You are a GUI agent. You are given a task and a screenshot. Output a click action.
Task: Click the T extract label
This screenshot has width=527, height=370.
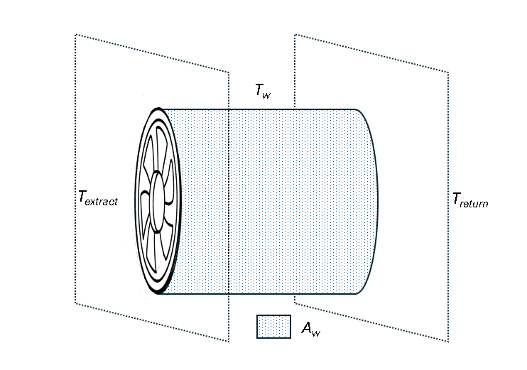click(97, 200)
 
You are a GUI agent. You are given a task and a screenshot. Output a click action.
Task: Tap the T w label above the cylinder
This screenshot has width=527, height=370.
click(263, 91)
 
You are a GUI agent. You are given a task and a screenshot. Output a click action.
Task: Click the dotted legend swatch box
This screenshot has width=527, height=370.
click(273, 327)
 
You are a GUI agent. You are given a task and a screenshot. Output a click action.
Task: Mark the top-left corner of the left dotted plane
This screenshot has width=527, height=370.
click(76, 34)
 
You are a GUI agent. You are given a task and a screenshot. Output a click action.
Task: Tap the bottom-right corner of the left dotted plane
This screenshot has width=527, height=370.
click(229, 342)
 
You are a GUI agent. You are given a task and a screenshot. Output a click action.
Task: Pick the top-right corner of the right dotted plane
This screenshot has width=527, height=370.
click(449, 72)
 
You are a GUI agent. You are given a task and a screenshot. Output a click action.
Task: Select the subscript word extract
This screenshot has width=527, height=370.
click(102, 202)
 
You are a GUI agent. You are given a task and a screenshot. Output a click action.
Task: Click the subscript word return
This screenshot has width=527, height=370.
click(474, 203)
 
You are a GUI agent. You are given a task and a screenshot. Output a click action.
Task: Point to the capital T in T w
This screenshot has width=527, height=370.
click(259, 89)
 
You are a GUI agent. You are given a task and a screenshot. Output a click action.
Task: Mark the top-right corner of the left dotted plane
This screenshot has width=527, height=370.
click(229, 72)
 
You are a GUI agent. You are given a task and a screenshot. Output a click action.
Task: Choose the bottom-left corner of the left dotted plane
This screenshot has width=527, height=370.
click(76, 303)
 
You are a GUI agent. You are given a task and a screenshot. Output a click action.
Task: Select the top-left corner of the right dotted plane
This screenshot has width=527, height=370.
click(295, 34)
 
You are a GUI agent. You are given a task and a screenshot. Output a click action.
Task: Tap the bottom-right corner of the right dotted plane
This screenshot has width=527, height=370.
click(449, 342)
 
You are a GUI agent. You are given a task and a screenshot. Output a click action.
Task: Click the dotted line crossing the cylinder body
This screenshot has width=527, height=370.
click(229, 213)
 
